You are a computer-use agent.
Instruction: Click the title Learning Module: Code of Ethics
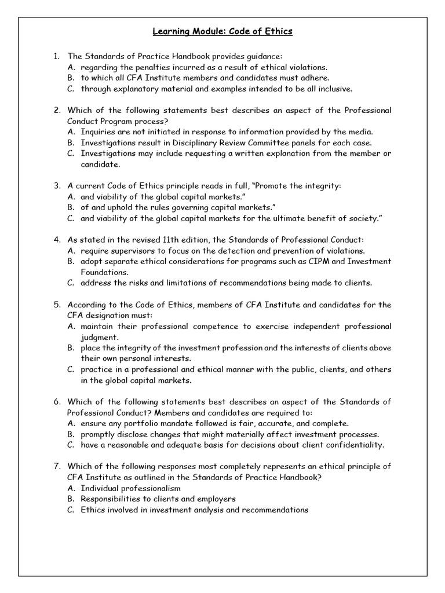(x=222, y=31)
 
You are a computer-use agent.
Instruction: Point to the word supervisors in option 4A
(x=137, y=250)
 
